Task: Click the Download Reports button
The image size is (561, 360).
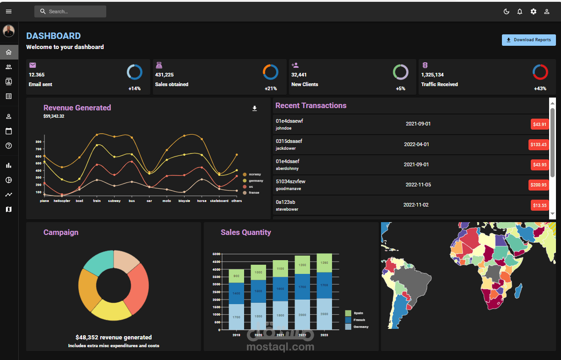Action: pyautogui.click(x=528, y=40)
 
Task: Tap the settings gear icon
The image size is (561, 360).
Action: pyautogui.click(x=533, y=11)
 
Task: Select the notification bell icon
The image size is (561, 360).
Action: pyautogui.click(x=520, y=11)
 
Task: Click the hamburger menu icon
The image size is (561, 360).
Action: pyautogui.click(x=9, y=11)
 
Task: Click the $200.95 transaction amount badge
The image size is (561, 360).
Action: pyautogui.click(x=538, y=185)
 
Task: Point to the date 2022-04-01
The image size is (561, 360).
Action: pyautogui.click(x=416, y=144)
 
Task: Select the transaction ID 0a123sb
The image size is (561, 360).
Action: pyautogui.click(x=285, y=202)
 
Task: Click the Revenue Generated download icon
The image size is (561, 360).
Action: pyautogui.click(x=255, y=109)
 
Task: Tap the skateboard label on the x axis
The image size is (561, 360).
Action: pyautogui.click(x=219, y=201)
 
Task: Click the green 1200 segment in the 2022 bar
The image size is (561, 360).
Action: pyautogui.click(x=302, y=265)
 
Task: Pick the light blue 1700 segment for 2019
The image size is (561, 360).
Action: pyautogui.click(x=236, y=317)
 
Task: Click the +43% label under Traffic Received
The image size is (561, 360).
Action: pyautogui.click(x=540, y=88)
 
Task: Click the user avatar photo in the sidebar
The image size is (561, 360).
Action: pyautogui.click(x=9, y=31)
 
